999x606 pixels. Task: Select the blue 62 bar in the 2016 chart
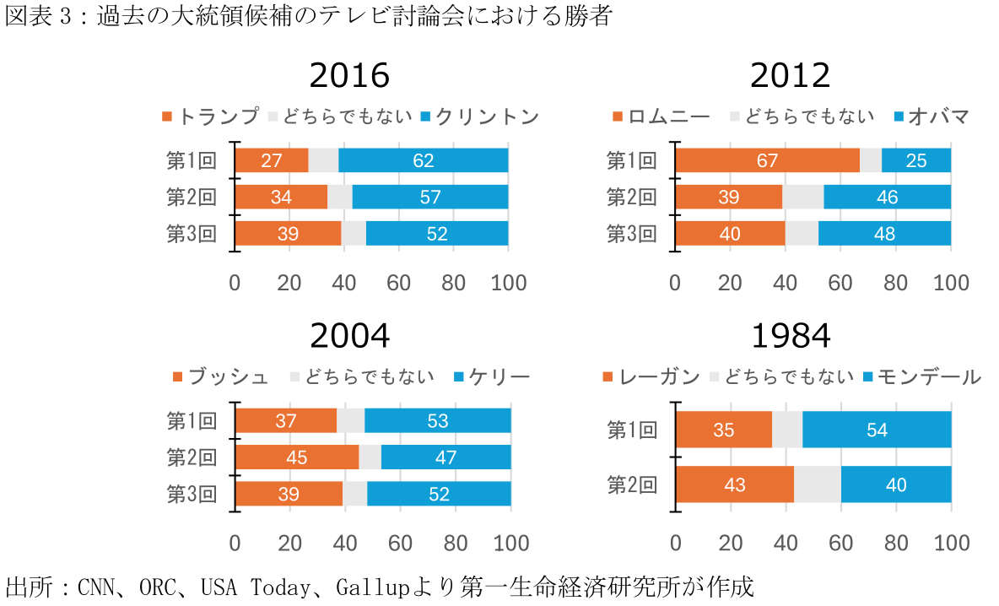pos(424,160)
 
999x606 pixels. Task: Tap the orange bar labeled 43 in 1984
pos(735,484)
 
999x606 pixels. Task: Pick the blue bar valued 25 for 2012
pos(916,160)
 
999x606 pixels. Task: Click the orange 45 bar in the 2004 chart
pos(296,457)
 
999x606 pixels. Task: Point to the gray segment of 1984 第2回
pos(817,484)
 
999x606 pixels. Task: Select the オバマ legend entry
pos(937,116)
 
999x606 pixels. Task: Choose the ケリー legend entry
pos(498,376)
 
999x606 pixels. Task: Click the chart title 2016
pos(349,76)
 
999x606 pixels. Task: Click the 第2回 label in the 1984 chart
pos(632,484)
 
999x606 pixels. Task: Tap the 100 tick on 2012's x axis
pos(951,283)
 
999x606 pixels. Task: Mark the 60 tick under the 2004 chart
pos(401,542)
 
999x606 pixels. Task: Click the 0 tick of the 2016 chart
pos(235,283)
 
